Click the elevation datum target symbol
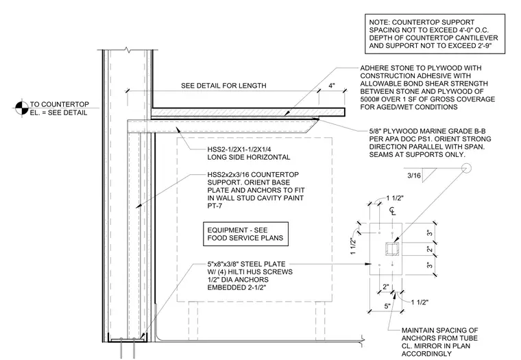(21, 108)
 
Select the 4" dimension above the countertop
(332, 86)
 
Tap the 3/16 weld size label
(414, 176)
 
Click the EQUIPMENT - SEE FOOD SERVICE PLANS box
(245, 234)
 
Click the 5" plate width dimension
(387, 306)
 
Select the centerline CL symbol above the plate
(392, 211)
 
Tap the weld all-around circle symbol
(467, 169)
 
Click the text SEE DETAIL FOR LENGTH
(223, 86)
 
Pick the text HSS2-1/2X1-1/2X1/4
(239, 149)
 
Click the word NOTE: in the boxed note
(380, 22)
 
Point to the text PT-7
(215, 206)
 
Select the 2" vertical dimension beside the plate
(429, 249)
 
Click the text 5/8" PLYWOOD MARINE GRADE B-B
(427, 131)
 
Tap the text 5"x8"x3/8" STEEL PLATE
(246, 264)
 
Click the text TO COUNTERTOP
(60, 104)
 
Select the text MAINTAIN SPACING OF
(439, 330)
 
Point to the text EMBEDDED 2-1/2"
(237, 287)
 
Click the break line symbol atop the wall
(128, 50)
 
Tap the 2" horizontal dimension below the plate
(385, 287)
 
